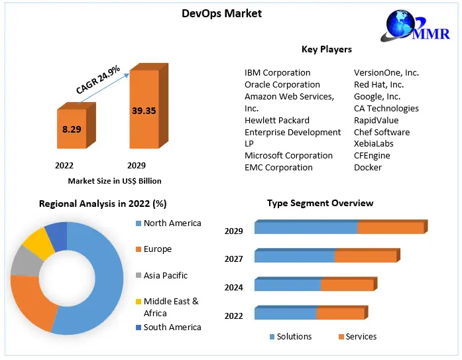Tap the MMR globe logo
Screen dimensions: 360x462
pyautogui.click(x=403, y=27)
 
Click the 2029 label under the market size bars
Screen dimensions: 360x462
pyautogui.click(x=136, y=165)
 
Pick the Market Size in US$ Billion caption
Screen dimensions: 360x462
pyautogui.click(x=114, y=180)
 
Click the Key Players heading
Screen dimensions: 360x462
pyautogui.click(x=326, y=49)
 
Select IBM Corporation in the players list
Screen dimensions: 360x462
pyautogui.click(x=277, y=72)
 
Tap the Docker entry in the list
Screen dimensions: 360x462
pyautogui.click(x=368, y=167)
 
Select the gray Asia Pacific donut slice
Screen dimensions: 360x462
pyautogui.click(x=25, y=261)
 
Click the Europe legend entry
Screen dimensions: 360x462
pyautogui.click(x=157, y=249)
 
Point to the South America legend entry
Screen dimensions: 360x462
pyautogui.click(x=172, y=327)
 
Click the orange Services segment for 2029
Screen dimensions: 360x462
pyautogui.click(x=390, y=228)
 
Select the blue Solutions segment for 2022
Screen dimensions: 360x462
pyautogui.click(x=285, y=314)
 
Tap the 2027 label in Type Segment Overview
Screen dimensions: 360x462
pyautogui.click(x=234, y=259)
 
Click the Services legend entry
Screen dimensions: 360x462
pyautogui.click(x=361, y=336)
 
